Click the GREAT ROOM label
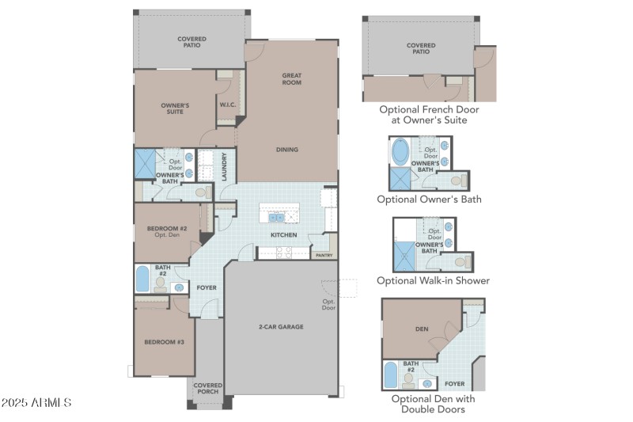coord(292,79)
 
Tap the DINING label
coord(287,150)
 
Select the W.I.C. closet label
coord(227,105)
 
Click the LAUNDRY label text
coord(226,166)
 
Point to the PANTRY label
coord(324,256)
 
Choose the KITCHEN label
coord(284,235)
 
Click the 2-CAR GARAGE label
coord(280,327)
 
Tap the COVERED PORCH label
coord(208,389)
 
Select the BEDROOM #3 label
coord(164,342)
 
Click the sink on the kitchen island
coord(276,218)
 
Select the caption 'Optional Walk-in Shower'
coord(433,280)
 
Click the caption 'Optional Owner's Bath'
coord(429,200)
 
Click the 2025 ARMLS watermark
coord(36,403)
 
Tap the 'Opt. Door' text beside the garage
coord(329,304)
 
